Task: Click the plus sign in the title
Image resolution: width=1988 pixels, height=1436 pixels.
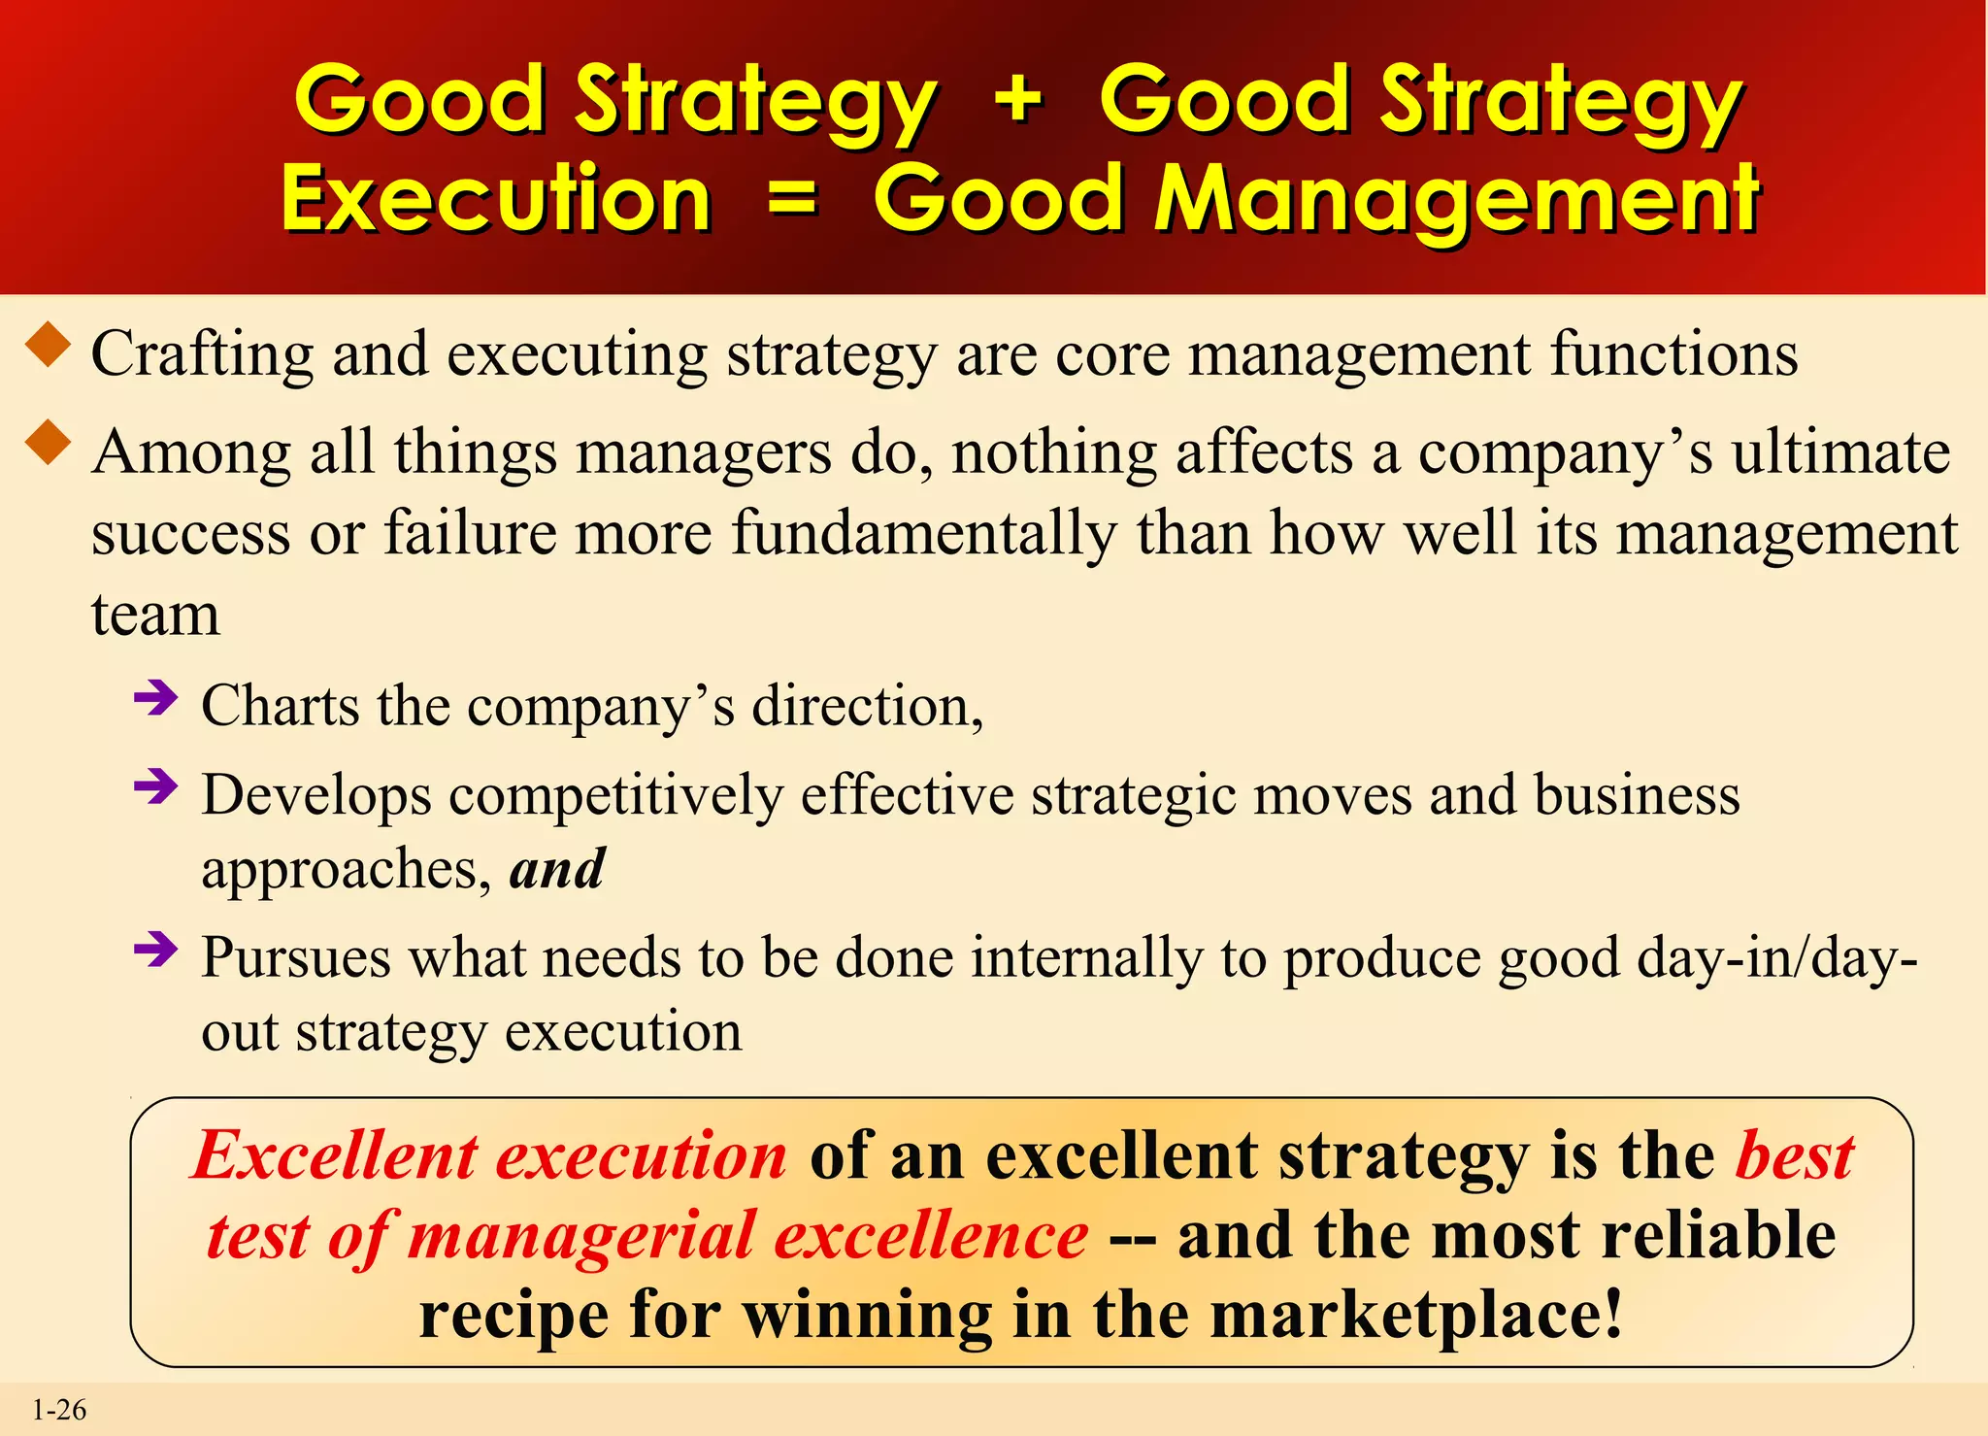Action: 1018,98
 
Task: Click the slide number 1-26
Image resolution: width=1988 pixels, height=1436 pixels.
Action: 59,1409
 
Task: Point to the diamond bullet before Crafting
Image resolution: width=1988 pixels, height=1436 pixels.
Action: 49,346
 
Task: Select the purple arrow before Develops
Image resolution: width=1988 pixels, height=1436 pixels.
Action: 156,785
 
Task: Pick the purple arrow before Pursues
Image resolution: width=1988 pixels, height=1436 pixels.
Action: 156,949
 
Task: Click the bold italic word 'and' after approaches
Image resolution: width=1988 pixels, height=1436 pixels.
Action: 557,868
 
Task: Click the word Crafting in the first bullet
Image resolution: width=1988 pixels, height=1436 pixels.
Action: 202,354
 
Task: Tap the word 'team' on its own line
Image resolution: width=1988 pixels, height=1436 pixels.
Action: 155,615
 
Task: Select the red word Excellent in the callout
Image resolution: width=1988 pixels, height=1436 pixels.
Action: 335,1155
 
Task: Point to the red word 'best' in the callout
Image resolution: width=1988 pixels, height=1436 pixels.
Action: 1795,1155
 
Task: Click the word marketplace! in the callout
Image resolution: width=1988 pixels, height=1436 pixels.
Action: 1416,1315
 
